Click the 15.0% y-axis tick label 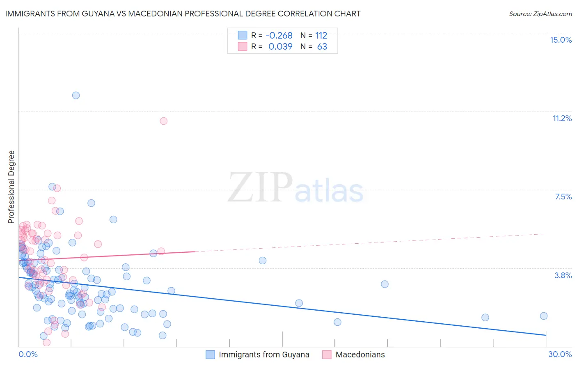[x=561, y=40]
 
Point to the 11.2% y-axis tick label [x=562, y=118]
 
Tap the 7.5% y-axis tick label [x=563, y=197]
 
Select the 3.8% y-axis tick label [x=563, y=275]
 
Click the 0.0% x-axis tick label [x=28, y=354]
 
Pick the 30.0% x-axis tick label [x=560, y=354]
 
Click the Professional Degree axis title [x=11, y=187]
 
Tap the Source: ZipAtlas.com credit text [x=540, y=14]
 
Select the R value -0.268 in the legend [x=279, y=36]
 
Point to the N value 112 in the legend [x=321, y=36]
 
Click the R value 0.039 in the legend [x=280, y=47]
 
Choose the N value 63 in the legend [x=322, y=47]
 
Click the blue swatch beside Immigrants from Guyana [x=211, y=355]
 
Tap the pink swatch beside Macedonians [x=327, y=355]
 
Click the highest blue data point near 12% [x=76, y=95]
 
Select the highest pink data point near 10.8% [x=163, y=121]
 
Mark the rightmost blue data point [x=544, y=316]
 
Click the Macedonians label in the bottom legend [x=360, y=355]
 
